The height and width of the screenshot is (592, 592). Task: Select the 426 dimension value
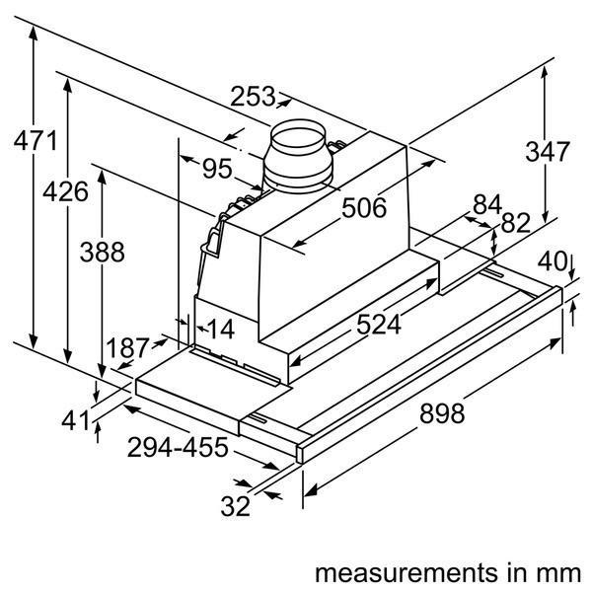[x=66, y=192]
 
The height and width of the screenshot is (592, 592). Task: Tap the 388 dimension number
[x=104, y=253]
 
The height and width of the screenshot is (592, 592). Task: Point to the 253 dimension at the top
[x=254, y=97]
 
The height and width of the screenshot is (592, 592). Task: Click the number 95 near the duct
[x=218, y=169]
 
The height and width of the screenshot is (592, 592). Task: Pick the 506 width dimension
[x=364, y=208]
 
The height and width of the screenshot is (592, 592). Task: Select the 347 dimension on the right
[x=547, y=152]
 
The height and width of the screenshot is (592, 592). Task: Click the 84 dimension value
[x=487, y=205]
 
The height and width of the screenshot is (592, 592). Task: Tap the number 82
[x=516, y=223]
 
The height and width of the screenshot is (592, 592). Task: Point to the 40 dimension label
[x=554, y=262]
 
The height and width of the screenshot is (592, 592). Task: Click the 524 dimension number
[x=379, y=324]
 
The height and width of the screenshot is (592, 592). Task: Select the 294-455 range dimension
[x=178, y=448]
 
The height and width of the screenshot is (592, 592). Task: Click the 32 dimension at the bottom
[x=235, y=507]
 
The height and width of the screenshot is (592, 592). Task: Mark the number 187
[x=128, y=348]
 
